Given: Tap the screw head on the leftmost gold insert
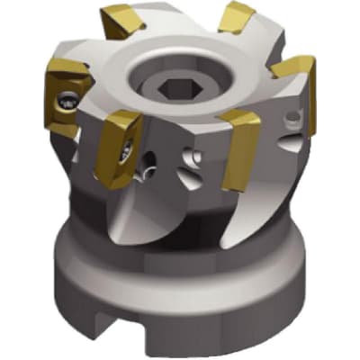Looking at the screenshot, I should tap(67, 101).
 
